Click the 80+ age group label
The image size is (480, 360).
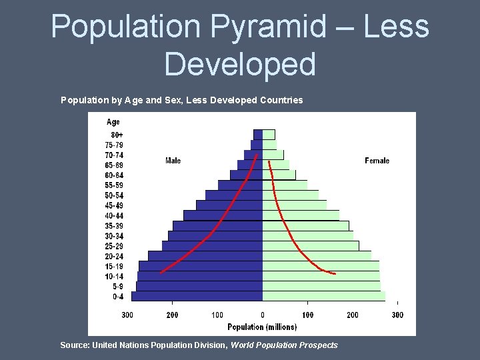[x=117, y=135]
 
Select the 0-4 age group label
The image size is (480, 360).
[x=117, y=297]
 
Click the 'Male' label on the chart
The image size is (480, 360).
[x=173, y=161]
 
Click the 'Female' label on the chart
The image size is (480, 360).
[x=377, y=161]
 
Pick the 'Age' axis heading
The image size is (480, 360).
[x=113, y=122]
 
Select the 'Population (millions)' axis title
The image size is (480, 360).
[x=262, y=327]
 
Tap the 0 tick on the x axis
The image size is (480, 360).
[x=263, y=315]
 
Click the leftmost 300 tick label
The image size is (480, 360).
[x=127, y=315]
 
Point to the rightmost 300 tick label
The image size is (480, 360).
[x=397, y=315]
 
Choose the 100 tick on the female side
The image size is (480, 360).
[x=308, y=315]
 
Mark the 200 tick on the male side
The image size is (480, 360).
[x=172, y=315]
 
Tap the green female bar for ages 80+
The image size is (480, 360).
[x=269, y=135]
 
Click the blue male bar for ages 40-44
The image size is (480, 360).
[x=223, y=215]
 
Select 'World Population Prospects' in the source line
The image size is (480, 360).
[x=284, y=345]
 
